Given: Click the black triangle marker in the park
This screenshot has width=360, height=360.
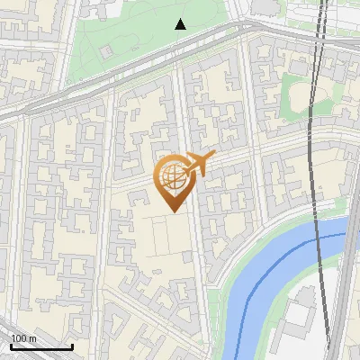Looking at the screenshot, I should pyautogui.click(x=181, y=24).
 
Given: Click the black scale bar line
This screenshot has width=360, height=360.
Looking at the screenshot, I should pyautogui.click(x=41, y=346).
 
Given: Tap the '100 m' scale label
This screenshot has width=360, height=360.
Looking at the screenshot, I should pyautogui.click(x=23, y=338).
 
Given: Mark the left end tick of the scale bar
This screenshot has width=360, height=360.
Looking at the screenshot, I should pyautogui.click(x=11, y=346).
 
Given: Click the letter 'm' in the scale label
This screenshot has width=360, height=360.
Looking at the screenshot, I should pyautogui.click(x=33, y=338).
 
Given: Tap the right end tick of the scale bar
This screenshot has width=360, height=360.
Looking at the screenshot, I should pyautogui.click(x=72, y=346).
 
